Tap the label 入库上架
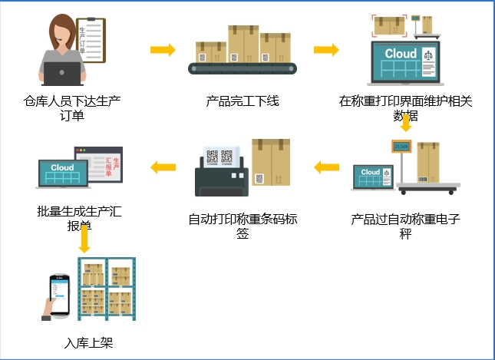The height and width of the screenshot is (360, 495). [90, 342]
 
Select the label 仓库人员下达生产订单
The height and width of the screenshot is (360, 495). [73, 107]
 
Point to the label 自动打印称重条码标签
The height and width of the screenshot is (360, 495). [243, 226]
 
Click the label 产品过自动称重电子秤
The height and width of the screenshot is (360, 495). [405, 226]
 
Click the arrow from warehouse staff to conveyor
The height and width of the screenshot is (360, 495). [162, 51]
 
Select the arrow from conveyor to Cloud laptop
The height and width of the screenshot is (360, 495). [326, 51]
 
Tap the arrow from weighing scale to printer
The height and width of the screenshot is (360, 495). [326, 166]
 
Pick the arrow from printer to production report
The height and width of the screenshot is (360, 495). [162, 166]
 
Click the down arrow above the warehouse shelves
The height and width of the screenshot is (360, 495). [84, 239]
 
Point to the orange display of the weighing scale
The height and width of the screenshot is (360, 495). [401, 146]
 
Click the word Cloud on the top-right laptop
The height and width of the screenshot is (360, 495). [401, 53]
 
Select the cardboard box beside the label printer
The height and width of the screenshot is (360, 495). [270, 161]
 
